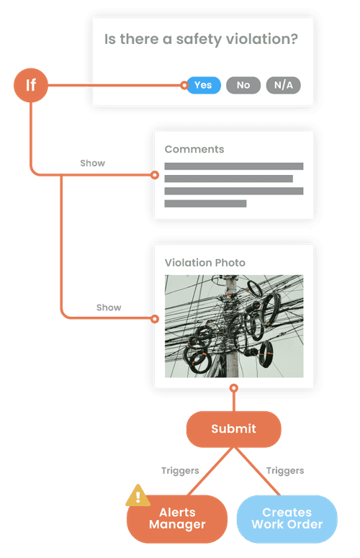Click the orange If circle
(x=31, y=85)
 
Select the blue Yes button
(x=204, y=86)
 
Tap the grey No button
(x=243, y=86)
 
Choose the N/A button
(x=284, y=86)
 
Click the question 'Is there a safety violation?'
(x=201, y=40)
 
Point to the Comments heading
(x=194, y=149)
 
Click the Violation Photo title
(x=205, y=263)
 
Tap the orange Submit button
(x=234, y=429)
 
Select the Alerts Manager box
(x=177, y=519)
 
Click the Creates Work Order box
(x=287, y=519)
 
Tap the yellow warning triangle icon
(x=138, y=495)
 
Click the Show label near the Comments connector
(x=92, y=163)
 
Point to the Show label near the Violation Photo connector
(x=109, y=307)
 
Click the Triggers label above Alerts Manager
(x=180, y=470)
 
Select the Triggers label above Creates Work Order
(x=285, y=470)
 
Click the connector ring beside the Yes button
(x=184, y=86)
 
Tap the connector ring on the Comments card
(x=154, y=175)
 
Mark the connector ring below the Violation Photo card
(x=234, y=388)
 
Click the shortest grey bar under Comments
(x=205, y=204)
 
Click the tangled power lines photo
(x=234, y=326)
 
